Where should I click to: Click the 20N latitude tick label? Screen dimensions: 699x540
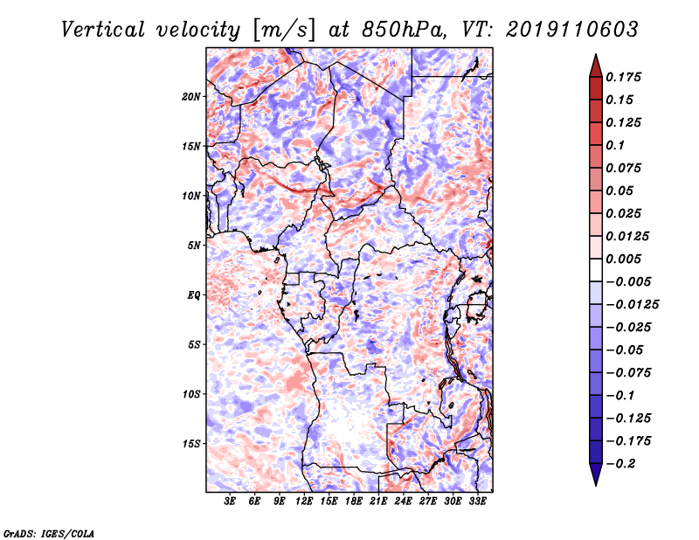coord(190,97)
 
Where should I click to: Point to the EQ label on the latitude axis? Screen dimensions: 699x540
coord(193,295)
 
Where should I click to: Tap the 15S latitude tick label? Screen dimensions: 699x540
coord(190,444)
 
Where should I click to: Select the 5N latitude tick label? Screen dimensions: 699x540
coord(194,246)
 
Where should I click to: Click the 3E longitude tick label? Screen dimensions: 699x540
coord(230,502)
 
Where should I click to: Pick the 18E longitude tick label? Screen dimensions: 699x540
coord(354,502)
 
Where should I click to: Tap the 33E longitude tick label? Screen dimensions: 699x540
coord(477,502)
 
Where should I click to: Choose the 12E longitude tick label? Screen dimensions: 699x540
coord(304,502)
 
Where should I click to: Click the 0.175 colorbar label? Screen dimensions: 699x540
coord(623,77)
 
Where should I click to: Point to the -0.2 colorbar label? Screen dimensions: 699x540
coord(620,464)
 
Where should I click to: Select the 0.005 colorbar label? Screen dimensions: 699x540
coord(623,259)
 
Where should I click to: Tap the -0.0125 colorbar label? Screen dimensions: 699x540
coord(632,305)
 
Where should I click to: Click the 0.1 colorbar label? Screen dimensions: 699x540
coord(615,145)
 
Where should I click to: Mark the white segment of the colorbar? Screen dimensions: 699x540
coord(596,270)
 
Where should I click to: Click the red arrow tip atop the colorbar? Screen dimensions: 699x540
coord(596,55)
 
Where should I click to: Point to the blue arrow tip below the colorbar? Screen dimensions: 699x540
coord(596,485)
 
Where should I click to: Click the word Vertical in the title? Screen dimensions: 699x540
coord(103,30)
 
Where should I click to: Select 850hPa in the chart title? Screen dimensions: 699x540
coord(401,30)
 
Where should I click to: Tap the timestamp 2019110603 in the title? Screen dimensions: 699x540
coord(572,30)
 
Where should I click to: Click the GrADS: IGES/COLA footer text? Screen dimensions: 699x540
coord(49,533)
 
